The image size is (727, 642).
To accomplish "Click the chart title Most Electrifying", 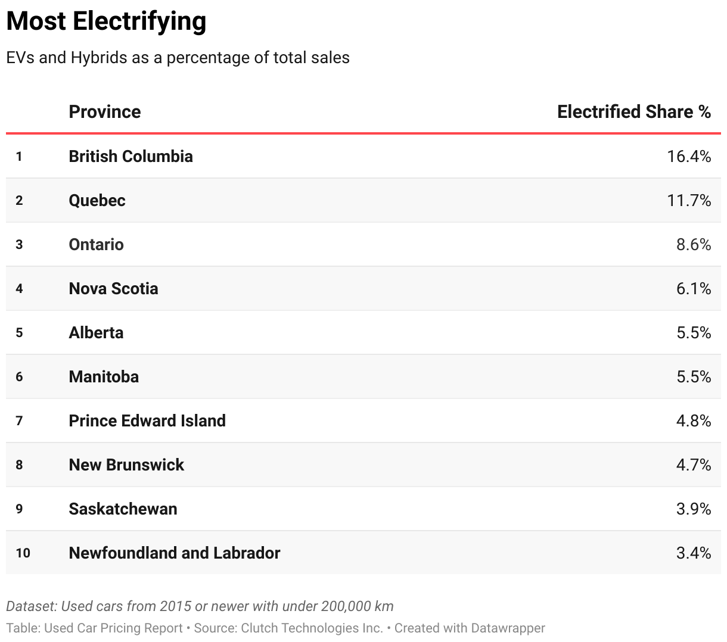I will coord(106,21).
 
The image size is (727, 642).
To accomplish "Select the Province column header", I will coord(104,112).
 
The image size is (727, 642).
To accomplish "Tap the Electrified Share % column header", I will coord(633,112).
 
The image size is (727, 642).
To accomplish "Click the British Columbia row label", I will coord(131,156).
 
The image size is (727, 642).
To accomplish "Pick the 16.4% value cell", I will coord(689,156).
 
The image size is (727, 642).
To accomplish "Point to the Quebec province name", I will coord(97,200).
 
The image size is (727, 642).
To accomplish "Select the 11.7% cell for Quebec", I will coord(689,200).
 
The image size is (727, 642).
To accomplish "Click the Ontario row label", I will coord(96,244).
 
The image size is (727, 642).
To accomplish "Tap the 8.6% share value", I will coord(693,244).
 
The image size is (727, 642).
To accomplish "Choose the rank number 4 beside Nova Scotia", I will coord(19,289).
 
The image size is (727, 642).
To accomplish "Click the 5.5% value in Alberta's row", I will coord(693,332).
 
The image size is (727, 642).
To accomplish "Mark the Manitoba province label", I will coord(104,376).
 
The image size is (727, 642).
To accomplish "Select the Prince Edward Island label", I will coord(147,420).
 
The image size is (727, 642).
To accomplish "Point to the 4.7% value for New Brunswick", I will coord(693,465).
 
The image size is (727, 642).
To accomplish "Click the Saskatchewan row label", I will coord(123,509).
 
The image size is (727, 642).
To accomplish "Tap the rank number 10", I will coord(23,553).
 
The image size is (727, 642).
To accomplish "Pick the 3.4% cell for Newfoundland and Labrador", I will coord(693,553).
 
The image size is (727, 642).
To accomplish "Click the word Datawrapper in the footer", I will coord(507,628).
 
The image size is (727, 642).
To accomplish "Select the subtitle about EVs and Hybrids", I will coord(178,58).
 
